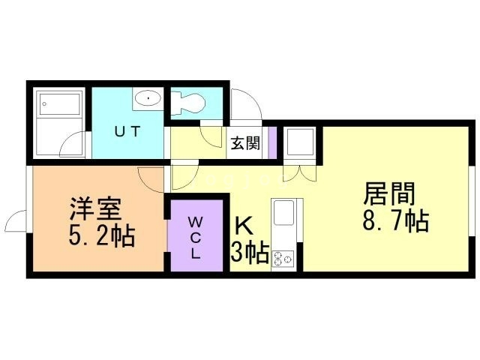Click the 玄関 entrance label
244,143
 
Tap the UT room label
127,130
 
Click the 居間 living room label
389,195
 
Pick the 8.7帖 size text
395,223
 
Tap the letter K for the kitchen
244,226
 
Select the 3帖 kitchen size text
250,253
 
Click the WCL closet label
194,237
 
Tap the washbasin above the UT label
148,98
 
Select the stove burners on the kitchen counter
283,259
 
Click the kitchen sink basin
286,213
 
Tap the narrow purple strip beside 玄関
272,142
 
